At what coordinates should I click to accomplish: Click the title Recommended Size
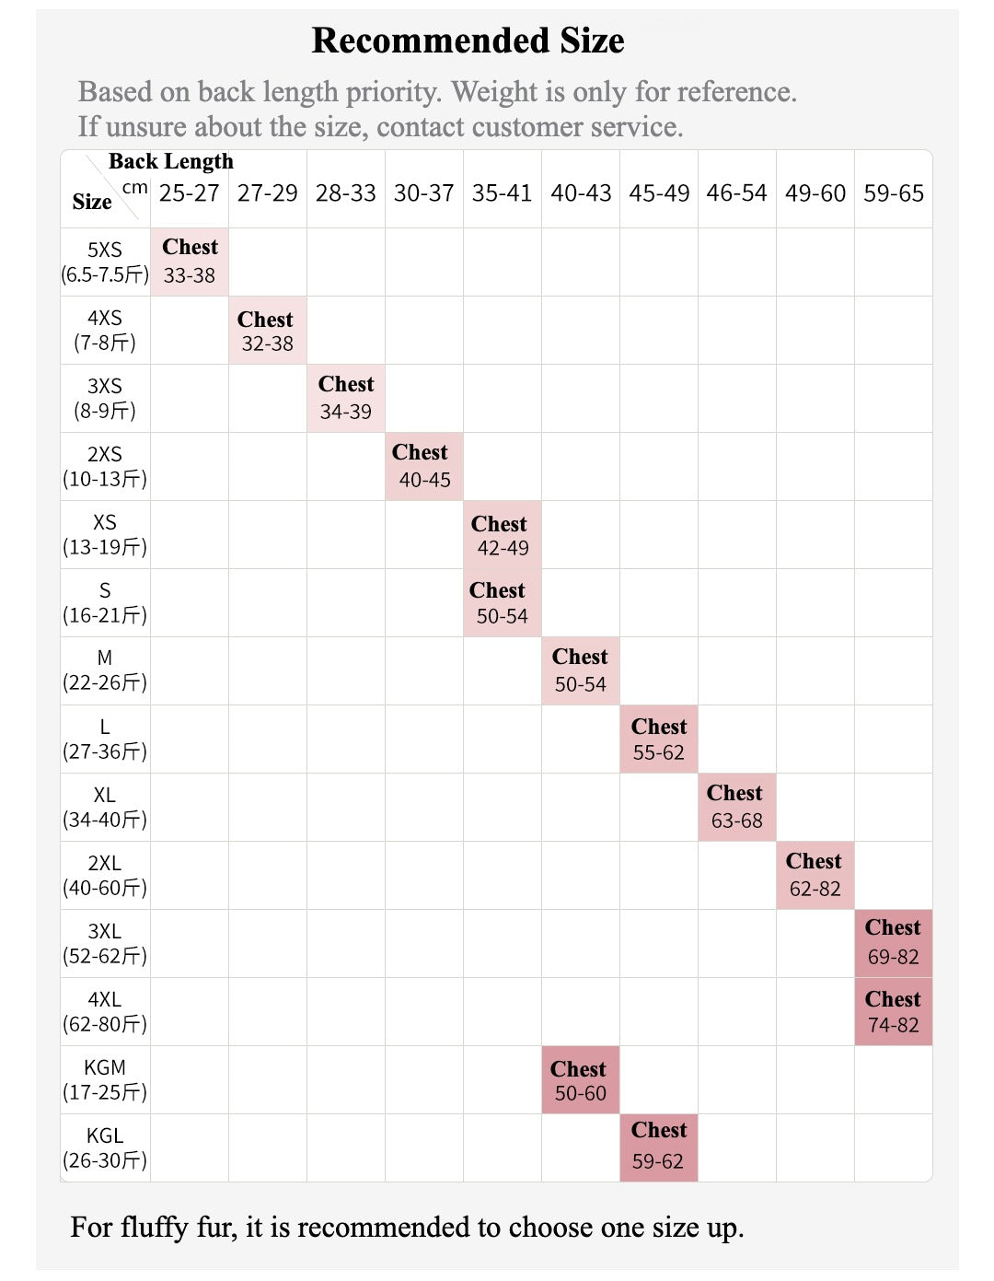(x=468, y=41)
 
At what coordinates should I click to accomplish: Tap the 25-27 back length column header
(x=189, y=193)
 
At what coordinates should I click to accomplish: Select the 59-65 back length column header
(x=893, y=193)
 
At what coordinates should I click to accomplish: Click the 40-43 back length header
(x=581, y=193)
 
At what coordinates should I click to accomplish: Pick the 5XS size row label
(x=105, y=262)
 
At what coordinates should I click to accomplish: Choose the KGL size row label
(x=105, y=1147)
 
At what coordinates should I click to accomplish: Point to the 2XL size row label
(x=105, y=875)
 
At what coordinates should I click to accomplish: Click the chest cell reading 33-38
(x=190, y=262)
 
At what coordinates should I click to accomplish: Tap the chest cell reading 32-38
(x=267, y=331)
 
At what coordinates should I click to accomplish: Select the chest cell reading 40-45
(x=423, y=466)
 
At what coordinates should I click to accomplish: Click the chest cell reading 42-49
(x=502, y=535)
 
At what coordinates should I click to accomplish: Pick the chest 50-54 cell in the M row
(x=580, y=670)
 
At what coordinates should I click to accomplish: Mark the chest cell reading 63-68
(x=736, y=807)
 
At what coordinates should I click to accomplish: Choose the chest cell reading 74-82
(x=893, y=1011)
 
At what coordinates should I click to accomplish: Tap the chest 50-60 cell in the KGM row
(x=580, y=1079)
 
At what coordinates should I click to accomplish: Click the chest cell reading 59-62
(x=658, y=1147)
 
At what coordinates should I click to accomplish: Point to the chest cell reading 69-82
(x=893, y=943)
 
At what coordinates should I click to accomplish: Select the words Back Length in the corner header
(x=171, y=161)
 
